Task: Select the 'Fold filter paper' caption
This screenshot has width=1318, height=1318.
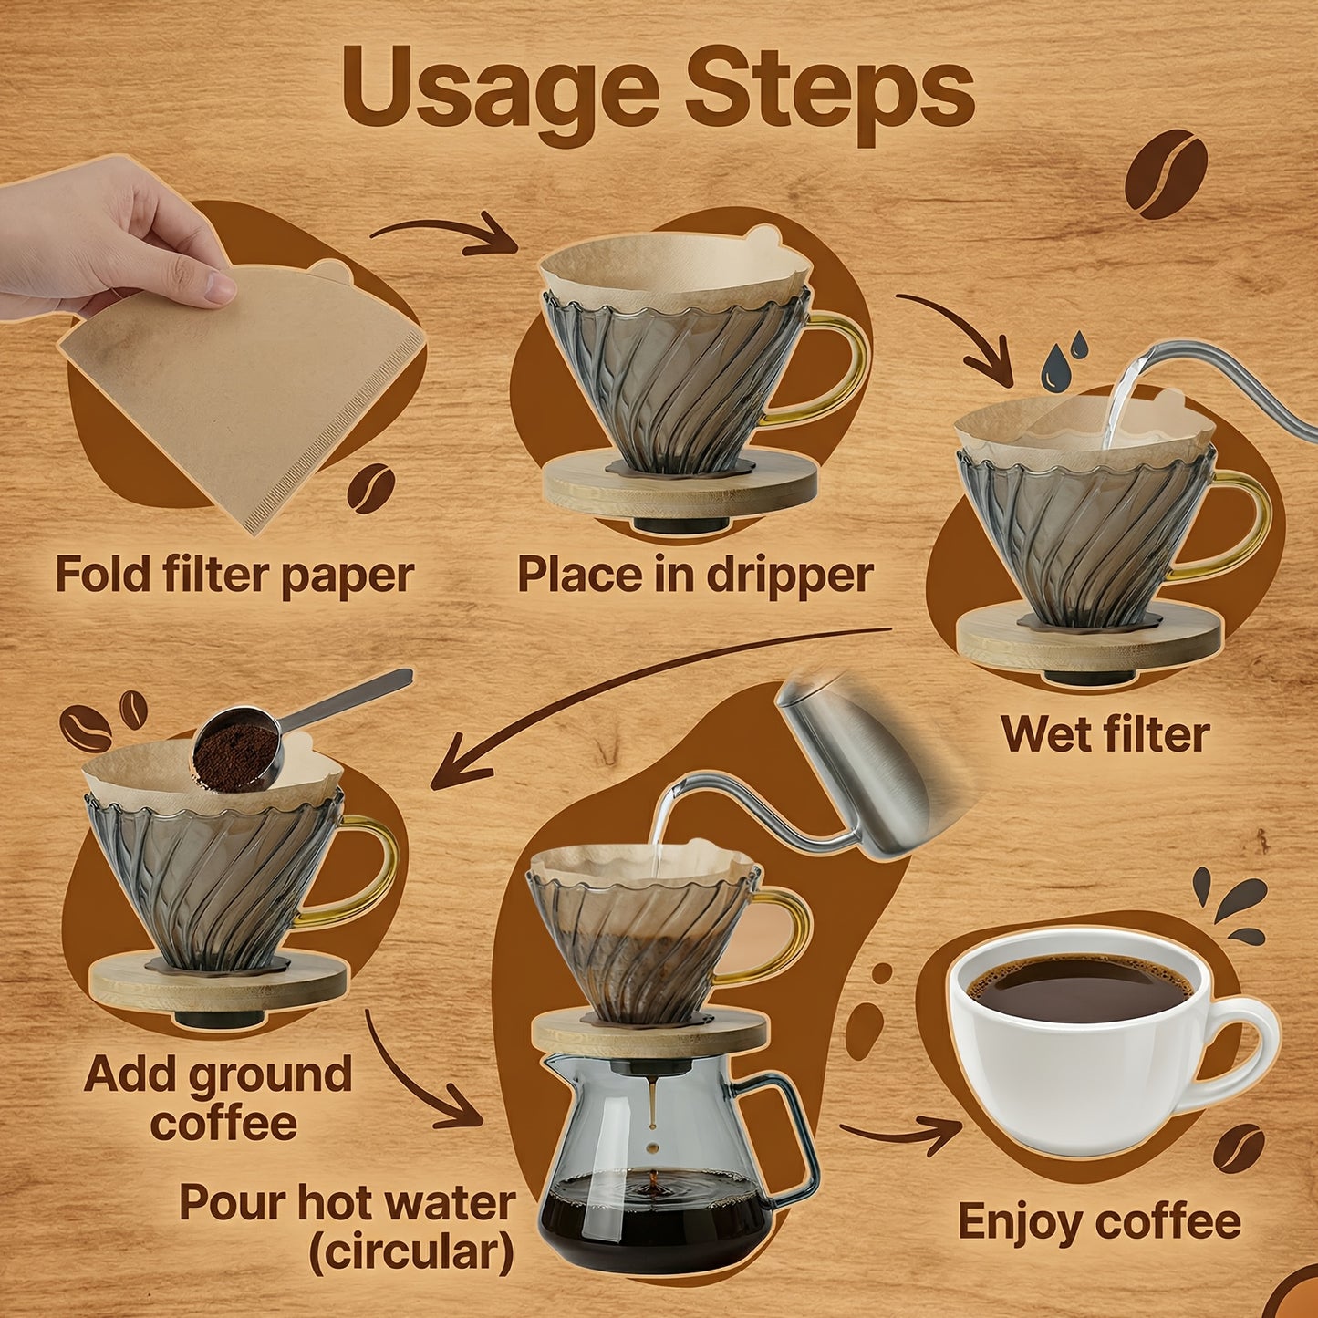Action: tap(234, 576)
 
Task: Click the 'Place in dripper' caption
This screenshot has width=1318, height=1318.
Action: tap(695, 576)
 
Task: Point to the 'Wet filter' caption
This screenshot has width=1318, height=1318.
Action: tap(1105, 734)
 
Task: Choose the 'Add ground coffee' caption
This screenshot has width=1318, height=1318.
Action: tap(219, 1098)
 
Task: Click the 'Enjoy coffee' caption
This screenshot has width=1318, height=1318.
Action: tap(1099, 1222)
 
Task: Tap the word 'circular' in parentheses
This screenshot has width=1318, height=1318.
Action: tap(410, 1252)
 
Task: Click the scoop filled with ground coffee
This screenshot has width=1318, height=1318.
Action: tap(237, 750)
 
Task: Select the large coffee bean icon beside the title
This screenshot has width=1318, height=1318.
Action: tap(1165, 173)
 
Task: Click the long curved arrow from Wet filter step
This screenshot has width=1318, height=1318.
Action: tap(638, 684)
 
